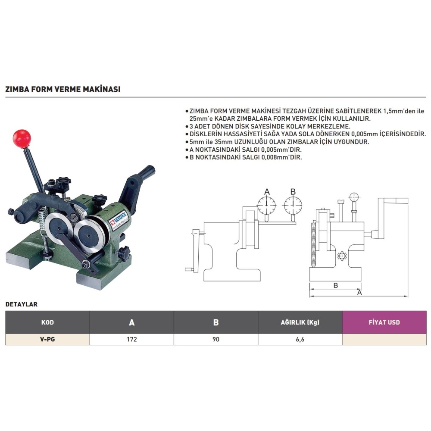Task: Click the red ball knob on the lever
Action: [22, 139]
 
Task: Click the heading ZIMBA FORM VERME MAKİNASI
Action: [63, 89]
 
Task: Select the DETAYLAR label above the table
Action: [22, 304]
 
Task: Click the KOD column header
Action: [47, 322]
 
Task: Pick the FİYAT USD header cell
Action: [384, 322]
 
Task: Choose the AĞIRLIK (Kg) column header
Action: [300, 322]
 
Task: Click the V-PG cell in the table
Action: [47, 340]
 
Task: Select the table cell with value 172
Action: [131, 340]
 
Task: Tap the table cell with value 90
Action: [216, 340]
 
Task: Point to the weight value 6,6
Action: [300, 340]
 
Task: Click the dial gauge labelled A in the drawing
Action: [267, 206]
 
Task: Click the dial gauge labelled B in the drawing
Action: [293, 206]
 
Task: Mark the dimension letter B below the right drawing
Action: [336, 285]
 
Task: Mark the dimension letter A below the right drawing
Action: [359, 293]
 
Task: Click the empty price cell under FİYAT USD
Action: [384, 340]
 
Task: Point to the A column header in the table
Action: [131, 322]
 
